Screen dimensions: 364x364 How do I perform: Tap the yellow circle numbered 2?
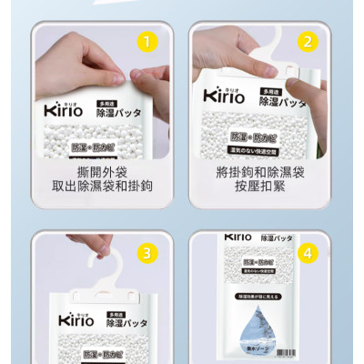pos(309,41)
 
